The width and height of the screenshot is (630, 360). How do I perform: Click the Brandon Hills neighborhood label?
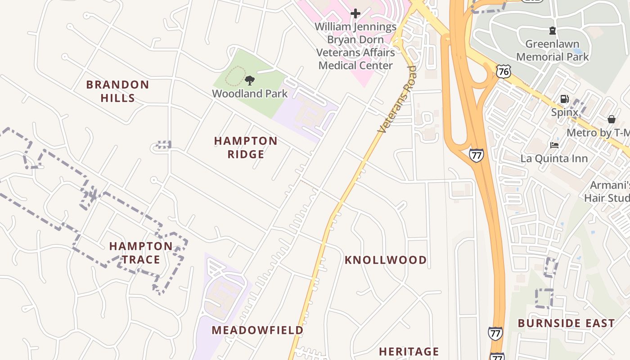click(x=117, y=91)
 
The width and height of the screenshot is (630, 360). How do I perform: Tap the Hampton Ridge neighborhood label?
click(x=246, y=148)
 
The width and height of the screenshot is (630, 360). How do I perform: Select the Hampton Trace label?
click(x=141, y=252)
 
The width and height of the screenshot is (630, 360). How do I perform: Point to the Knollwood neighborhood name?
click(x=386, y=260)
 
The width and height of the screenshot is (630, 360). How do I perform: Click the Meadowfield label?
click(x=257, y=330)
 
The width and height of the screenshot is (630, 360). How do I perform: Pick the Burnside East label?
click(x=566, y=323)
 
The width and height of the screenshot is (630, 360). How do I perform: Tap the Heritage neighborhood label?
click(x=409, y=351)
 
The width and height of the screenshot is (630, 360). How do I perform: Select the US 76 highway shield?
click(x=504, y=71)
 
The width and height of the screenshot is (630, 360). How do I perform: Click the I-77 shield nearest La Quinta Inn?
click(x=476, y=155)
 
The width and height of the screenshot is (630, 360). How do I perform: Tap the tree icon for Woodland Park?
click(x=250, y=81)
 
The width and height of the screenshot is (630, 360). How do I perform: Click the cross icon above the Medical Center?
click(x=355, y=13)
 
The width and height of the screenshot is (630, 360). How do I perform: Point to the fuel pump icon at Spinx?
click(x=564, y=99)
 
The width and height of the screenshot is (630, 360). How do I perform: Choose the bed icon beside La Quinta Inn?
click(x=554, y=145)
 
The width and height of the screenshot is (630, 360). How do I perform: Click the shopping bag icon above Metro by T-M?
click(x=611, y=119)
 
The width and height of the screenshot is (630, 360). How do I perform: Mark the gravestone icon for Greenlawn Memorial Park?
click(x=552, y=31)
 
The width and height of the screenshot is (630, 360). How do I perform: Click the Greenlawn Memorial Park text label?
click(x=552, y=50)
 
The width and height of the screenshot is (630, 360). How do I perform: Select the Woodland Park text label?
click(x=250, y=94)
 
